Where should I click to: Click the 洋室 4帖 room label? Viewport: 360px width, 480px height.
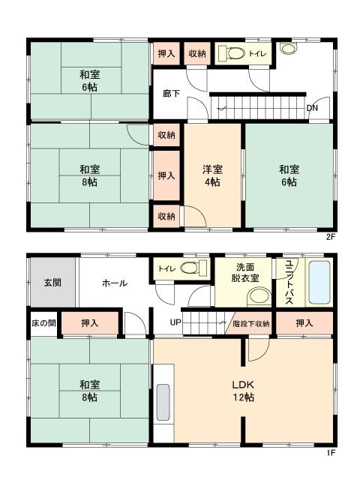[212, 175]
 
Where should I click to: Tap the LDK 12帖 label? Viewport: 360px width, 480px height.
[243, 391]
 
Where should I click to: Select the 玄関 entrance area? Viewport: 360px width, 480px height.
[52, 282]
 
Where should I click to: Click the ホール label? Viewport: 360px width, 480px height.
[114, 283]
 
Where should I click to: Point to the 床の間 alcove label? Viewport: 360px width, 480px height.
[43, 323]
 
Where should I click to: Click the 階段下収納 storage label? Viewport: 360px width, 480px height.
[251, 323]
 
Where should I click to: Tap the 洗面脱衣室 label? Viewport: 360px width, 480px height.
[245, 273]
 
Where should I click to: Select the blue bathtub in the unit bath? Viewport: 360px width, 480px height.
[319, 282]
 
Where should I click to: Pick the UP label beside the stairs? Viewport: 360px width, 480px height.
[175, 322]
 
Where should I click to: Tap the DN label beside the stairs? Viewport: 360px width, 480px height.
[312, 108]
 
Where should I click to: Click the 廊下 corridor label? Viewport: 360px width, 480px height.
[171, 93]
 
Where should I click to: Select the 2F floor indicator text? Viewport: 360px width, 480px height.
[331, 237]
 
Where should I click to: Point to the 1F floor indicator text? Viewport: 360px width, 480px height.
[331, 452]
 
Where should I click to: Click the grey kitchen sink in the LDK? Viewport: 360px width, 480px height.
[163, 403]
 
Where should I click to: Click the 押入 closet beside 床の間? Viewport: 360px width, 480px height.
[90, 323]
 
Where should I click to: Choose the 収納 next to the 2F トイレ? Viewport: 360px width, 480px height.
[197, 53]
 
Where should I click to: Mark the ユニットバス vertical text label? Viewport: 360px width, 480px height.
[289, 282]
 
